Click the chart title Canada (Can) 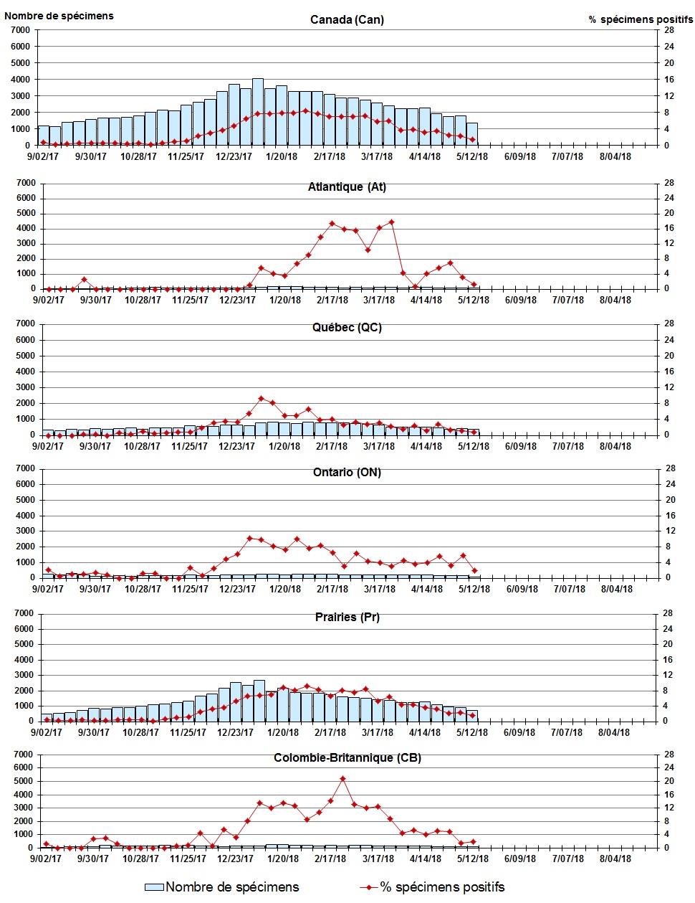(x=347, y=19)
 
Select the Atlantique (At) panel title (x=347, y=187)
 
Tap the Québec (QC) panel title (x=347, y=328)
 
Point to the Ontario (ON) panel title (x=347, y=473)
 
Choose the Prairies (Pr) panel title (x=347, y=618)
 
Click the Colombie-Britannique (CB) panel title (x=347, y=758)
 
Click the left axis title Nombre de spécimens (x=59, y=16)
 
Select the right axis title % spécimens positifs (x=641, y=19)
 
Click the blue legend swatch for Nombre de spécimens (x=154, y=887)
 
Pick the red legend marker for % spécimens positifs (x=369, y=887)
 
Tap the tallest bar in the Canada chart (x=258, y=112)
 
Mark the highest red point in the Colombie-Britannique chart (x=342, y=778)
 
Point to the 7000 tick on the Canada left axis (x=20, y=30)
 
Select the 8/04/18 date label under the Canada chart (x=615, y=157)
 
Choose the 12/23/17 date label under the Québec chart (x=237, y=446)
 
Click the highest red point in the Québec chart (x=261, y=398)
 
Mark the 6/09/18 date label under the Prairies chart (x=519, y=732)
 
